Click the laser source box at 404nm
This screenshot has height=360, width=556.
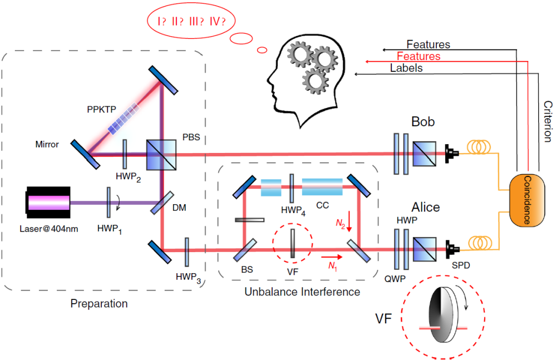point(48,201)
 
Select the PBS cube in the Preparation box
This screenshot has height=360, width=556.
point(161,154)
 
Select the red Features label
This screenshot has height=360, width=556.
point(418,56)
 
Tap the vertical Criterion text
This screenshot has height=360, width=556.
point(548,121)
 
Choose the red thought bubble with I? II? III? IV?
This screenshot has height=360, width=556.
point(190,22)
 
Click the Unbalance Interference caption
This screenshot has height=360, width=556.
point(302,292)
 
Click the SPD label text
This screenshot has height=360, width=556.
point(461,265)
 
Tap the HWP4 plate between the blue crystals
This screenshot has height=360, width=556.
point(291,189)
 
